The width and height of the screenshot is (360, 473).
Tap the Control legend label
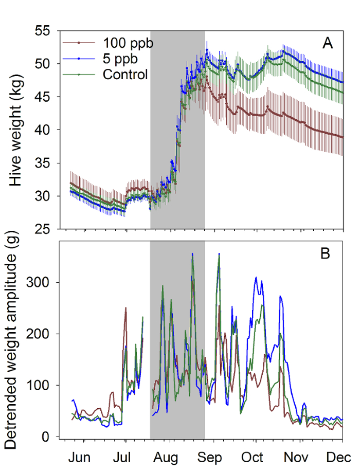[125, 74]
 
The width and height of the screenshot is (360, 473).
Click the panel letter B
[328, 253]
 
